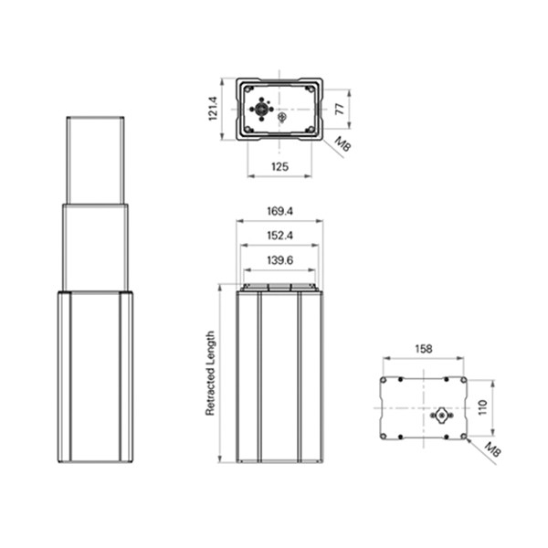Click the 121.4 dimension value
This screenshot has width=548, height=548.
(x=212, y=109)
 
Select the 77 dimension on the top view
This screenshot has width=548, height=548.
(x=339, y=109)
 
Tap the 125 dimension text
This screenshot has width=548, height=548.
(x=279, y=165)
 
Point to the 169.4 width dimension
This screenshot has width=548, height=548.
(x=279, y=211)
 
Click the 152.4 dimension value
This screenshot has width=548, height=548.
(x=279, y=236)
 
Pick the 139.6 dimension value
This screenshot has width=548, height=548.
(x=279, y=261)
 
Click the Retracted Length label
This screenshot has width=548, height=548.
(x=209, y=374)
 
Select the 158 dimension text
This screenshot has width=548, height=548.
(x=423, y=348)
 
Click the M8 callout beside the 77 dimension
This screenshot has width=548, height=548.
(x=342, y=143)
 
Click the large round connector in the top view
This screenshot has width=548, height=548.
(x=262, y=109)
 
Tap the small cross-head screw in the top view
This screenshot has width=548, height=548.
(x=282, y=116)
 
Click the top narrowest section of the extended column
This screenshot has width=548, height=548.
(x=95, y=160)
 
